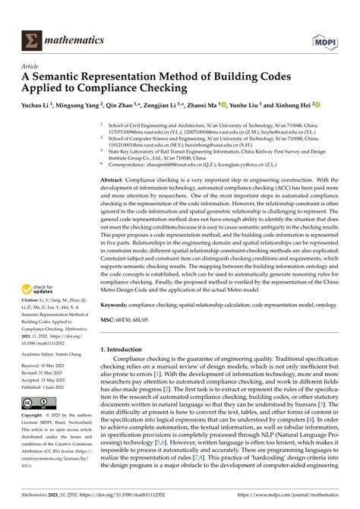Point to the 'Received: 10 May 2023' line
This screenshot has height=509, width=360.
pyautogui.click(x=39, y=365)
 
